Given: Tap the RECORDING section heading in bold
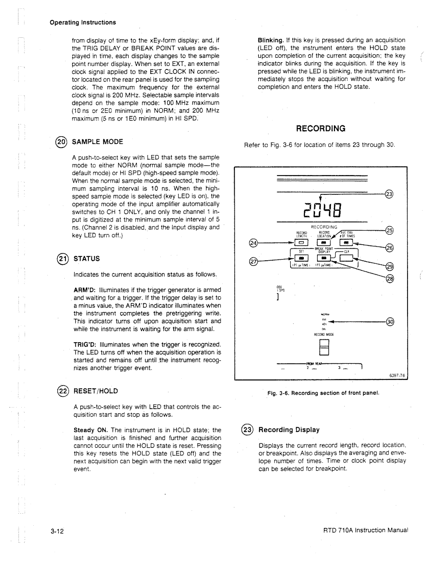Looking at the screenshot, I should (321, 129).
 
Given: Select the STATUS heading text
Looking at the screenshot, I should (86, 258).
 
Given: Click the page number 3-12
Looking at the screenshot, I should (58, 532).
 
